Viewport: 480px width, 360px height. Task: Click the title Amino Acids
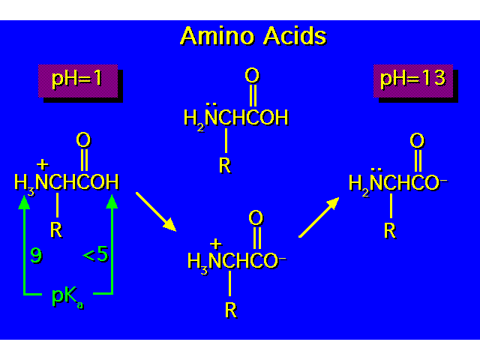tap(253, 35)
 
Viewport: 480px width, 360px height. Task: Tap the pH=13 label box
tap(412, 79)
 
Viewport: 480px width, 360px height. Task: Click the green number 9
tap(36, 255)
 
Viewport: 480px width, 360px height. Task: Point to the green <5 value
tap(94, 255)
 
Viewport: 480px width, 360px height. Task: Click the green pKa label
tap(67, 295)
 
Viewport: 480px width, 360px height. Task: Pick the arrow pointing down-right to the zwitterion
tap(156, 211)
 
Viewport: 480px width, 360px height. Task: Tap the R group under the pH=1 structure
tap(55, 229)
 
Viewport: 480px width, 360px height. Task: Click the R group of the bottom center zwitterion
tap(231, 310)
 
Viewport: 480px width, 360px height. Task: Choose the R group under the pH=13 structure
tap(389, 230)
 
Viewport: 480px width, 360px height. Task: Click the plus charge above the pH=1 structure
tap(42, 164)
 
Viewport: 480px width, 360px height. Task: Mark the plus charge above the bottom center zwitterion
tap(215, 243)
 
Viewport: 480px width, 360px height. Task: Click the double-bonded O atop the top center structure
tap(252, 76)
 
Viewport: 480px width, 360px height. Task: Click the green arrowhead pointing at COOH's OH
tap(112, 199)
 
